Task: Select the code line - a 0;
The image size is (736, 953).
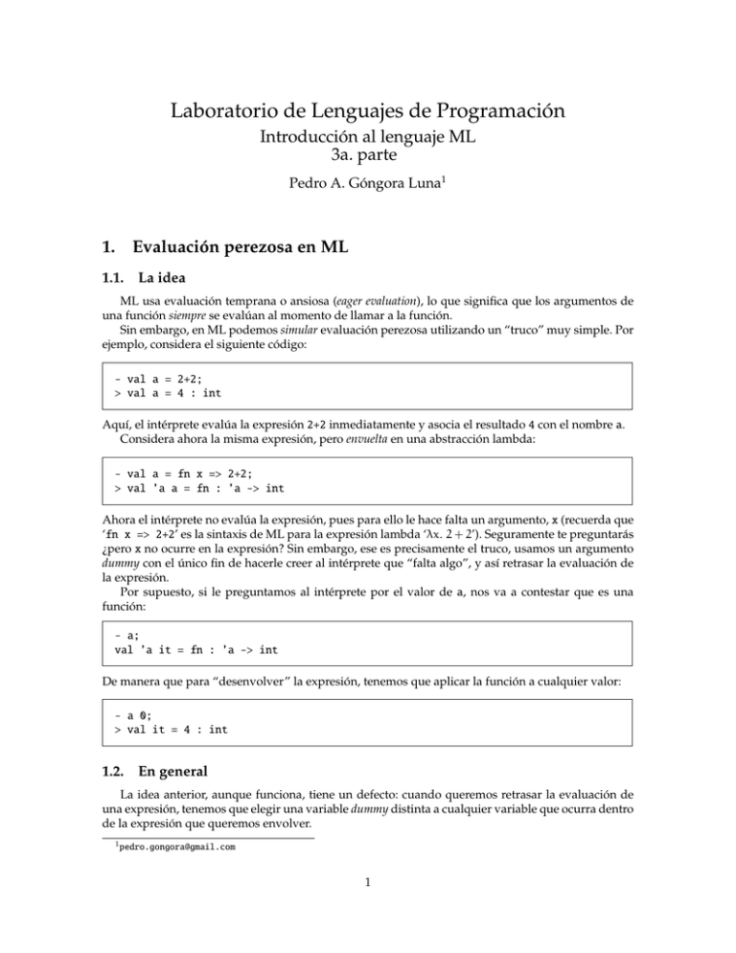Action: (x=129, y=714)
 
